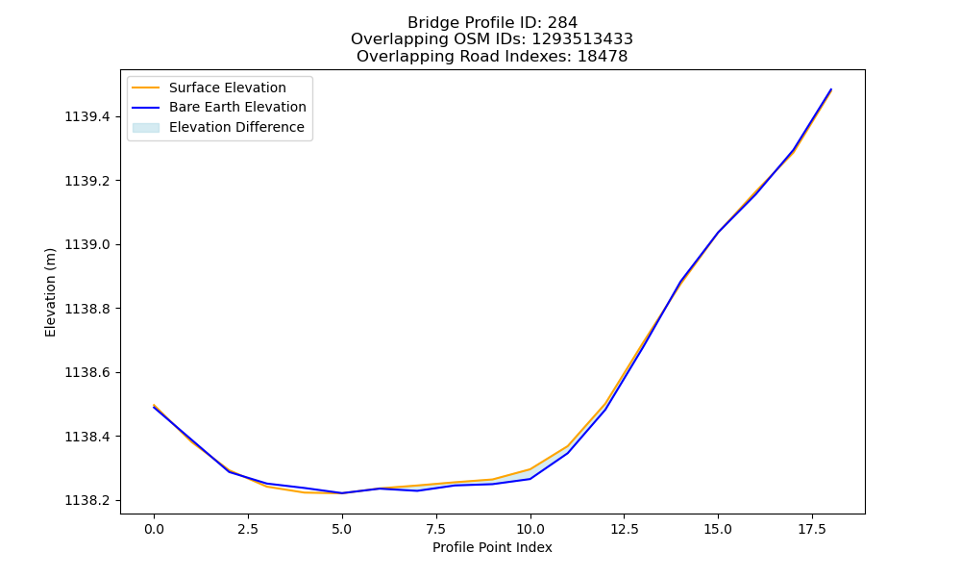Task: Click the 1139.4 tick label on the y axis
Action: coord(87,116)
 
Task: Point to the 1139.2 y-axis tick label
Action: coord(87,181)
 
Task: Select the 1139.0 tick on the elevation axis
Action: coord(87,244)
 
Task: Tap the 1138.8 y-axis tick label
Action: coord(87,309)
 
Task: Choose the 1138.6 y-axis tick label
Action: coord(87,373)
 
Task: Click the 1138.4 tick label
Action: coord(87,437)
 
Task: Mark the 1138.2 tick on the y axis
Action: coord(87,500)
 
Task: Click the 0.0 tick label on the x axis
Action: coord(154,529)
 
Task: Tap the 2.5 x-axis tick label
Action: coord(248,529)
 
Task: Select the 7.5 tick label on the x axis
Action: coord(435,529)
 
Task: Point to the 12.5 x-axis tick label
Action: coord(624,529)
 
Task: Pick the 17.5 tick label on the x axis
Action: coord(812,529)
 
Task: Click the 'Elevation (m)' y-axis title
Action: coord(50,292)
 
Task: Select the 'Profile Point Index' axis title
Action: coord(492,547)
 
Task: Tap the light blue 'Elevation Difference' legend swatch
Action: coord(146,128)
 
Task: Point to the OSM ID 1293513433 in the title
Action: coord(582,39)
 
